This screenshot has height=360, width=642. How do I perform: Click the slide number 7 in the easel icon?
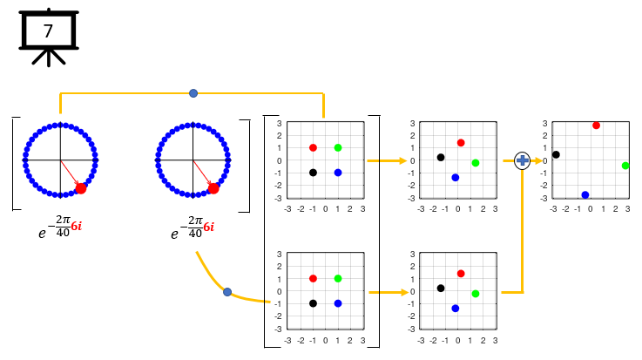coord(48,31)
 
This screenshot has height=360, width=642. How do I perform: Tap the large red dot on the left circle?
coord(81,187)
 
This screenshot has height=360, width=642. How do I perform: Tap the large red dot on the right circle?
coord(213,187)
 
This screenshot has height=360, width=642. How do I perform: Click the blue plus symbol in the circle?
coord(522,160)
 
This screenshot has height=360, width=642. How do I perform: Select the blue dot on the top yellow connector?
coord(193,93)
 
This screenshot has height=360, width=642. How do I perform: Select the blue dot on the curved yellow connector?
coord(227,292)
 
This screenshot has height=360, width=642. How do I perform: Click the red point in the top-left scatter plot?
coord(313,148)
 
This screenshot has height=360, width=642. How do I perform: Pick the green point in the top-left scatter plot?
coord(338,148)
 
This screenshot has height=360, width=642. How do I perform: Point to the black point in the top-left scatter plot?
coord(313,173)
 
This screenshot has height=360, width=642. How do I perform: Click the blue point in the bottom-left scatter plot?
coord(338,303)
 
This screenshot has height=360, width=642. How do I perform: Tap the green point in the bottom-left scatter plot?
coord(338,279)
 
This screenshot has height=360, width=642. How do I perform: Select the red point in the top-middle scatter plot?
coord(461,143)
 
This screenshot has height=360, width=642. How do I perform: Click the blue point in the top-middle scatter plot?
coord(455,178)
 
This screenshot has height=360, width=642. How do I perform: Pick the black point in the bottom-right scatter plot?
coord(441,289)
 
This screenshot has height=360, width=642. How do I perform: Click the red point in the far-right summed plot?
coord(596,126)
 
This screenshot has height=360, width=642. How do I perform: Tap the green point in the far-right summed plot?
coord(625,166)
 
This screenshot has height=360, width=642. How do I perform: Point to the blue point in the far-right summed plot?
coord(585,195)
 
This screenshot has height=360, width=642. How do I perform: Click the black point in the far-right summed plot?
coord(556,155)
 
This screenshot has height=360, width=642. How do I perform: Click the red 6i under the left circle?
coord(77,226)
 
